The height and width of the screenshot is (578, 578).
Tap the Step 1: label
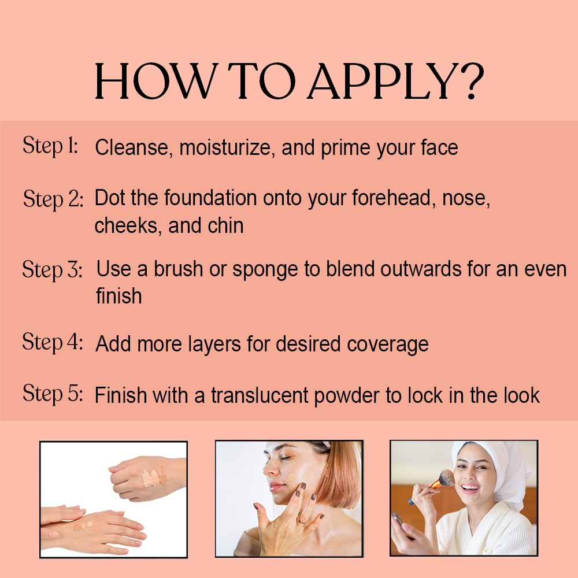tap(50, 146)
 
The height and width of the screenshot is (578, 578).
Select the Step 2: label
tap(53, 199)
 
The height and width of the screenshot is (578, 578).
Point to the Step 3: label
tap(52, 269)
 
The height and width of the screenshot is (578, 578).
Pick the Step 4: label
tap(53, 342)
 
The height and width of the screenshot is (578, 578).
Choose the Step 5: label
tap(53, 393)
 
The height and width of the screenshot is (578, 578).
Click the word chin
tap(225, 225)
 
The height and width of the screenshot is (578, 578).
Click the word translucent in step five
tap(260, 395)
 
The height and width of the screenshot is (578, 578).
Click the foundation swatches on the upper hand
tap(155, 477)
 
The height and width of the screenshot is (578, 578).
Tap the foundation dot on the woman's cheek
tap(291, 477)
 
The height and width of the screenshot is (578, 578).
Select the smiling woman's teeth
tap(469, 487)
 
